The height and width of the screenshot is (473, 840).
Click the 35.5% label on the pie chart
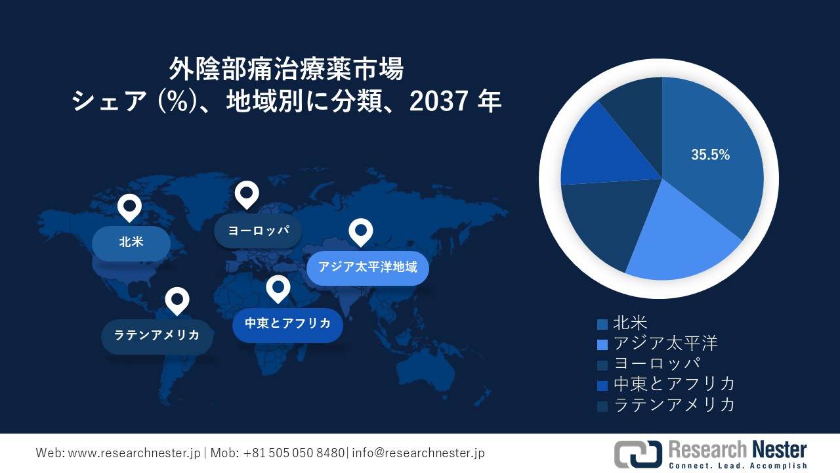(710, 155)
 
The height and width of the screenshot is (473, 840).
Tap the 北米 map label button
(131, 242)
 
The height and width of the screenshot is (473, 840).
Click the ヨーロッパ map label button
(259, 231)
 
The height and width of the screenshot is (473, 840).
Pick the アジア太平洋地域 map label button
(367, 267)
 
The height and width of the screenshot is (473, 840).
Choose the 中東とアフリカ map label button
(287, 323)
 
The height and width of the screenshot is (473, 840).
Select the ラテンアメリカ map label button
(157, 336)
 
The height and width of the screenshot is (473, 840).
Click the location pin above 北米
(129, 208)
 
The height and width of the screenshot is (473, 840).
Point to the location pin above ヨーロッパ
(247, 194)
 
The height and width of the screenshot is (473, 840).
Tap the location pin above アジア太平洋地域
(360, 231)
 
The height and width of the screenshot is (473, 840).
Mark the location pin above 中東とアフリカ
(278, 288)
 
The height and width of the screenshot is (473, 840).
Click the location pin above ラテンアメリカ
(177, 300)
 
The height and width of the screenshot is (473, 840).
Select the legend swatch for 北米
(602, 324)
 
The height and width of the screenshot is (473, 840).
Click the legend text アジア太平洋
(665, 343)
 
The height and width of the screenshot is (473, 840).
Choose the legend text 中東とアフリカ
(674, 384)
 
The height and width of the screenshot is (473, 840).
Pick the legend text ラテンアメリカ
(674, 404)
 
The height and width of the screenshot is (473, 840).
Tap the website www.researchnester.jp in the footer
(133, 453)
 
